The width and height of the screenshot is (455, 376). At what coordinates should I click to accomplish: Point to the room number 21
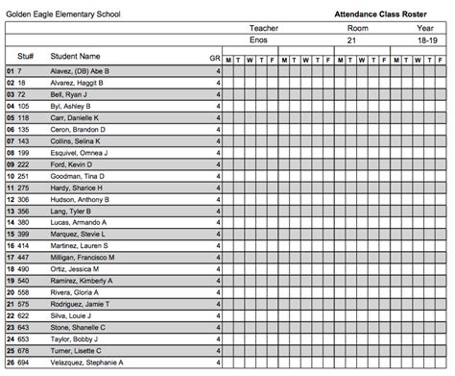[351, 42]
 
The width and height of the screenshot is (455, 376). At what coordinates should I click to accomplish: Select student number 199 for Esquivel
[24, 153]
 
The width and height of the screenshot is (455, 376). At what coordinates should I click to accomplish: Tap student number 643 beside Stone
[24, 328]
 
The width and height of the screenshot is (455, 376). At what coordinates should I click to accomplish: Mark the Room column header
[357, 30]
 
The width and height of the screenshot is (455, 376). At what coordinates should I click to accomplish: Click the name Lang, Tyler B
[68, 211]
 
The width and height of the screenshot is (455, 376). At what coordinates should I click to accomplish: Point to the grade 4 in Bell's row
[218, 94]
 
